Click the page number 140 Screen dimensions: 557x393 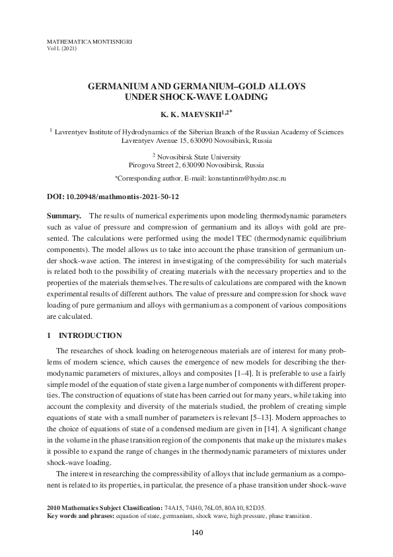[x=196, y=533]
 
